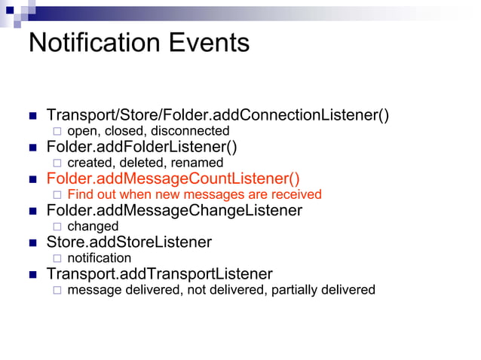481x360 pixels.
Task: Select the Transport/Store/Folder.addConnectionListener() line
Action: click(218, 115)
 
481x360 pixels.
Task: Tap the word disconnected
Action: click(192, 131)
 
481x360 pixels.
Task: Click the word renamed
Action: click(200, 163)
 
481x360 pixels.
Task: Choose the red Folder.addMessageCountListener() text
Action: click(173, 178)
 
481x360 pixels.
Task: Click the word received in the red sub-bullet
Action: click(296, 194)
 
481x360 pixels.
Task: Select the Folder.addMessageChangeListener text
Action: click(174, 210)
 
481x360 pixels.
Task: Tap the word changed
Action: click(93, 226)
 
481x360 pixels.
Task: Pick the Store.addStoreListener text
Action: click(129, 242)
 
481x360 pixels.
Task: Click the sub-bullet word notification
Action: click(99, 258)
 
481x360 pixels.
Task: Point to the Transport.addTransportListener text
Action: click(159, 273)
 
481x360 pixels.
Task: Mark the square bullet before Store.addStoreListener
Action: click(32, 243)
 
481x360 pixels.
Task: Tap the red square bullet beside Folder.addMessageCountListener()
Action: click(32, 179)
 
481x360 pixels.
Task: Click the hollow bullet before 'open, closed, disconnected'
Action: click(56, 132)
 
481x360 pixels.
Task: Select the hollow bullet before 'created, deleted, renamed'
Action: click(56, 163)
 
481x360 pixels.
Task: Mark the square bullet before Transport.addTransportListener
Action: click(32, 274)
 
